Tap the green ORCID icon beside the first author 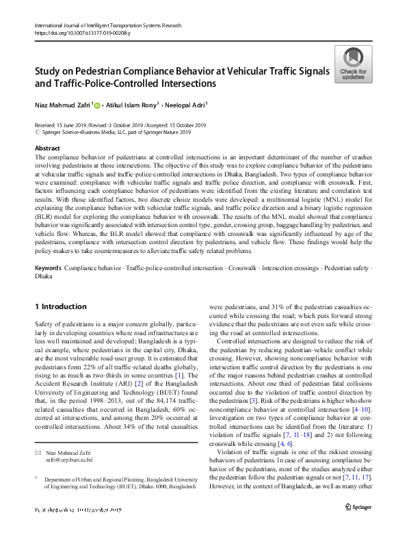click(x=96, y=106)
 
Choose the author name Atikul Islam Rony click(x=134, y=105)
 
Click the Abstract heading click(x=47, y=148)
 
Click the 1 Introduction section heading click(x=60, y=306)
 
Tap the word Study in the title click(x=49, y=71)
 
